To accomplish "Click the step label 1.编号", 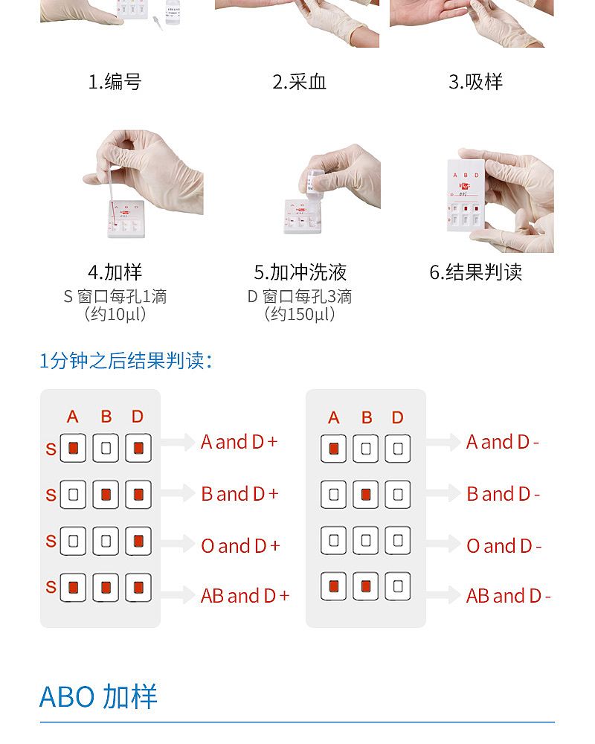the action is pyautogui.click(x=115, y=82).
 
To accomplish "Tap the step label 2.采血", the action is pyautogui.click(x=299, y=82).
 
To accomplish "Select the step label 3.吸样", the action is pyautogui.click(x=475, y=82).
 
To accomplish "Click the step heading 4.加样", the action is pyautogui.click(x=115, y=272).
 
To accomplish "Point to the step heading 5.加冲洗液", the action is pyautogui.click(x=300, y=272).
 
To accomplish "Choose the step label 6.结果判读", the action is pyautogui.click(x=475, y=272).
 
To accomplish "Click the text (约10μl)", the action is pyautogui.click(x=115, y=314).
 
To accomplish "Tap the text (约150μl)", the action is pyautogui.click(x=300, y=314).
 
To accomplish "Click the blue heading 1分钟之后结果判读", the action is pyautogui.click(x=125, y=361).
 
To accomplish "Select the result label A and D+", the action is pyautogui.click(x=239, y=442).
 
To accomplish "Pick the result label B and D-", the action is pyautogui.click(x=504, y=495).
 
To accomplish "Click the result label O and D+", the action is pyautogui.click(x=240, y=546).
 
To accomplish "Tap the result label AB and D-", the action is pyautogui.click(x=508, y=596).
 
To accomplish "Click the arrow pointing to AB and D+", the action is pyautogui.click(x=178, y=595).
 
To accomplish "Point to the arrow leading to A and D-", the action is pyautogui.click(x=443, y=442).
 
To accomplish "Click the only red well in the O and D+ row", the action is pyautogui.click(x=138, y=540).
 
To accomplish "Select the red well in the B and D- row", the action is pyautogui.click(x=366, y=495).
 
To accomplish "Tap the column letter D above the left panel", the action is pyautogui.click(x=138, y=417).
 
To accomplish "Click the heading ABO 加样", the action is pyautogui.click(x=98, y=697).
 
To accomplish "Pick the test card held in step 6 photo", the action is pyautogui.click(x=466, y=196).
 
